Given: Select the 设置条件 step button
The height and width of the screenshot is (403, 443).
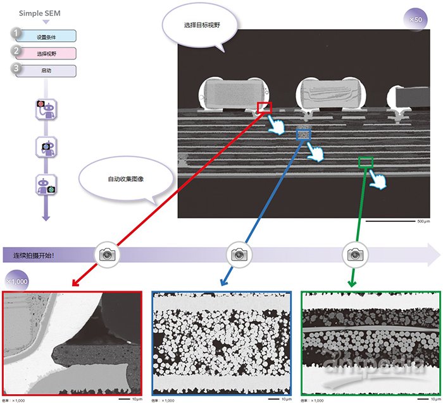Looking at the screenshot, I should pos(46,36).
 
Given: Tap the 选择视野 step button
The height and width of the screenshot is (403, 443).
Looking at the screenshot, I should pos(46,54).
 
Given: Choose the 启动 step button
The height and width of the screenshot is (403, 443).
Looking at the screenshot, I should pos(46,71).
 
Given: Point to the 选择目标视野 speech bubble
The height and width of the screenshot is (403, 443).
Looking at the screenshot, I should pos(199,26).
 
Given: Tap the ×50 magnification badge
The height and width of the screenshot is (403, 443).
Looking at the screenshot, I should pos(415,20).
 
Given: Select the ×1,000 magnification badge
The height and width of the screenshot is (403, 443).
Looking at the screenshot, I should pos(17,280).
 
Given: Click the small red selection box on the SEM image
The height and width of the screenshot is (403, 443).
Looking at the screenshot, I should pos(264,108).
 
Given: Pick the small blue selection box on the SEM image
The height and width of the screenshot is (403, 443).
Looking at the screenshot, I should pos(304,134).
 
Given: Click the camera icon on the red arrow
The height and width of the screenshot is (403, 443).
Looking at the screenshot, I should pos(108,255).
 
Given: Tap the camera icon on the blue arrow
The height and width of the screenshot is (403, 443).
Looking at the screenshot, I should pos(239,255).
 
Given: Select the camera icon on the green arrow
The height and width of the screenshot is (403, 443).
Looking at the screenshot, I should pos(354,255).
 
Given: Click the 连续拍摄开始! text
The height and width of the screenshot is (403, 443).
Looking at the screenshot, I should pos(37,256).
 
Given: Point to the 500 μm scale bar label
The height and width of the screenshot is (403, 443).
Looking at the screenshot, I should pos(422,222).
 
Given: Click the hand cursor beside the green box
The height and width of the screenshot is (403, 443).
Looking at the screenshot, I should pos(380,180).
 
